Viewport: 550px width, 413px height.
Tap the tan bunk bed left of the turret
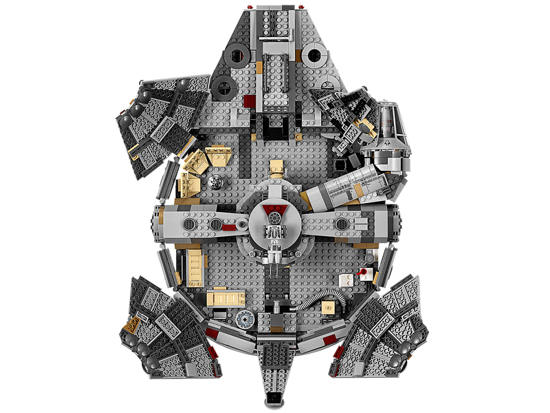click(194, 265)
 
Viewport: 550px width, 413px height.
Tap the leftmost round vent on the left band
click(190, 224)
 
